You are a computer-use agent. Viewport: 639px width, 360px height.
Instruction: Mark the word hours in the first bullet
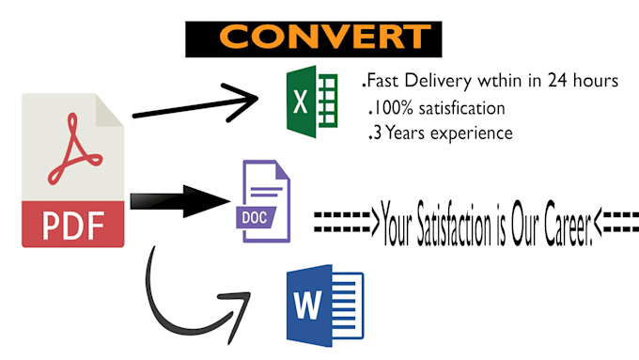pyautogui.click(x=593, y=83)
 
